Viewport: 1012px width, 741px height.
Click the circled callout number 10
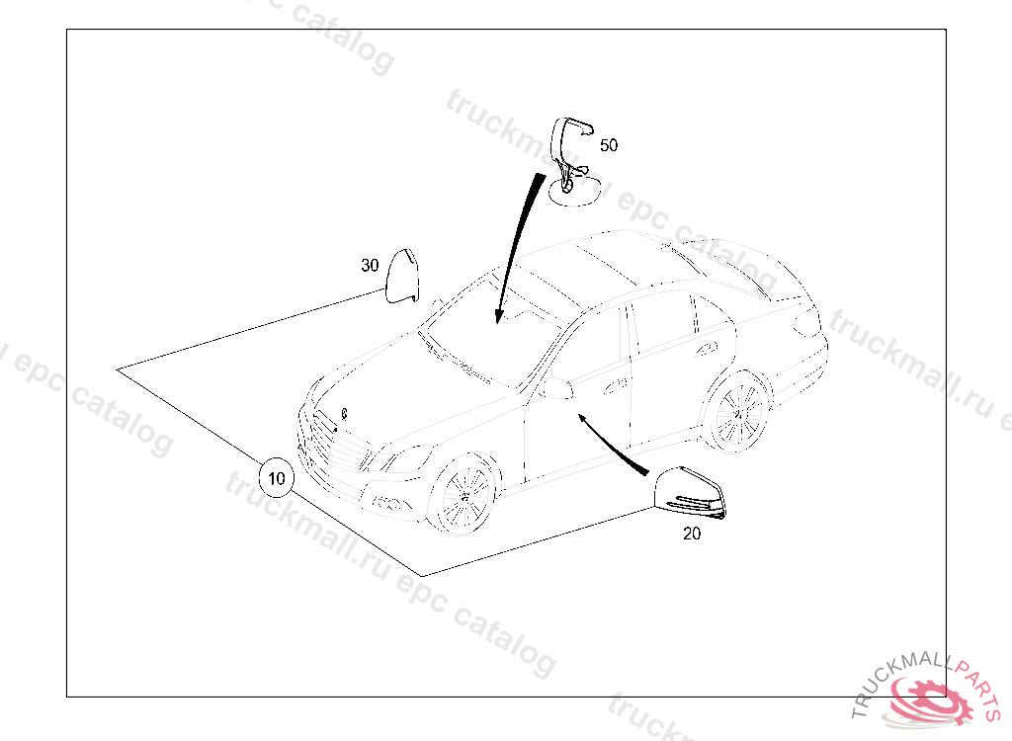pos(277,478)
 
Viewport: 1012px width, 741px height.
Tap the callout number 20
pos(691,534)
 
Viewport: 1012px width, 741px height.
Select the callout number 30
pos(370,266)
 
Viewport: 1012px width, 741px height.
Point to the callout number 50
pos(609,145)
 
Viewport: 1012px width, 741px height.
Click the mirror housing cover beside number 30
pos(402,276)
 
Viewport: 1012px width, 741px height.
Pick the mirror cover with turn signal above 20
pos(689,493)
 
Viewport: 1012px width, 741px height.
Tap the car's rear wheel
pos(737,411)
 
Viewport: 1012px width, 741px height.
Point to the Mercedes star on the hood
pos(344,414)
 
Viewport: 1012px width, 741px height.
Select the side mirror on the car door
pos(559,388)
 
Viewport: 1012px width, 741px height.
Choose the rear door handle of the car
pos(707,349)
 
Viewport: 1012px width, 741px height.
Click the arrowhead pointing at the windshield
pos(498,316)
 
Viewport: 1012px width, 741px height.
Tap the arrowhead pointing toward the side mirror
pos(582,420)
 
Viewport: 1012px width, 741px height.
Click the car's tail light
pos(806,323)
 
